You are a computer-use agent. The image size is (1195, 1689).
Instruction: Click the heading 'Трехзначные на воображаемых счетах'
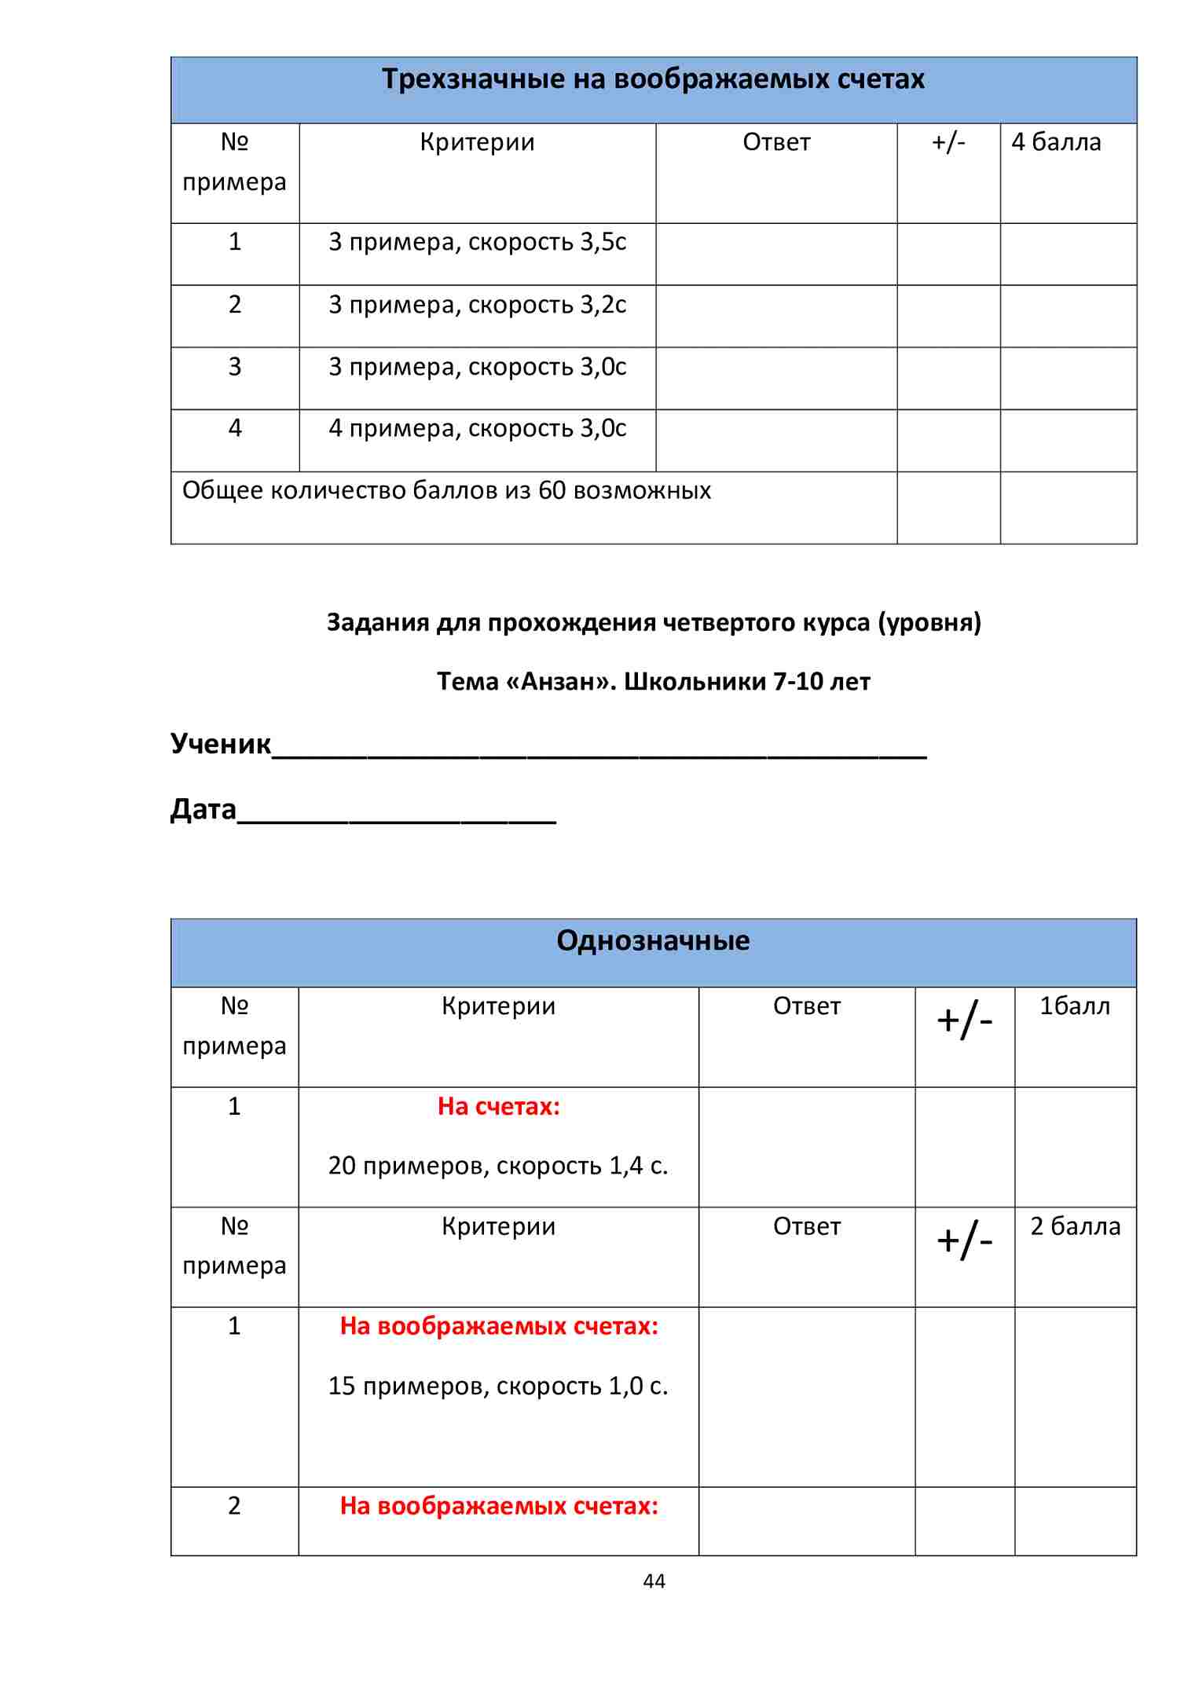[653, 79]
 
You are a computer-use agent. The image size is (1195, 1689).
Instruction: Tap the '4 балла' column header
[1056, 142]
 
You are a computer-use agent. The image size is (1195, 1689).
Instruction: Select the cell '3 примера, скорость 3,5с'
[477, 242]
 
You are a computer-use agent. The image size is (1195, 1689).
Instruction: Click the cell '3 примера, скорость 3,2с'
[477, 305]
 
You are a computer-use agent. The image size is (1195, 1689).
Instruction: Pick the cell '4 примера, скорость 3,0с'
[477, 429]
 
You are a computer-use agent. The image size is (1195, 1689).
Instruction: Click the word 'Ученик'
[221, 743]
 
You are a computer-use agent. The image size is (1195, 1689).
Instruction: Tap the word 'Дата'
[203, 809]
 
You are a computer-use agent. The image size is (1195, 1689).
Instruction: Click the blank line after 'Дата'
[397, 813]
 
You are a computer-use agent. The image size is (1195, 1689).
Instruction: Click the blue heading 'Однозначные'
[653, 941]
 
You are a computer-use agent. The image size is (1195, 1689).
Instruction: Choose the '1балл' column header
[1075, 1006]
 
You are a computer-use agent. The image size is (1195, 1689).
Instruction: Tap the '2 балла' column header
[1075, 1226]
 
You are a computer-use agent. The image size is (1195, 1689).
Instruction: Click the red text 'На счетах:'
[499, 1107]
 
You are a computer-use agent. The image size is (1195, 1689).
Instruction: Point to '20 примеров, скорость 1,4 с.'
[498, 1166]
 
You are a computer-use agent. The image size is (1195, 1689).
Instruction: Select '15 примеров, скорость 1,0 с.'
[498, 1386]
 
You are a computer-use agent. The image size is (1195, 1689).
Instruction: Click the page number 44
[654, 1581]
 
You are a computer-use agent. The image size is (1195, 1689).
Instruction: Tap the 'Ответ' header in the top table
[776, 142]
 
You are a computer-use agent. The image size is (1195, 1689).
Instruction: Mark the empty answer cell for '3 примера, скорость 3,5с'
[776, 254]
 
